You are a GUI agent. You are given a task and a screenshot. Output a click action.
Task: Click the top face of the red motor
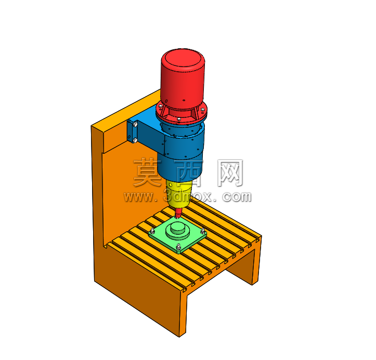pyautogui.click(x=183, y=60)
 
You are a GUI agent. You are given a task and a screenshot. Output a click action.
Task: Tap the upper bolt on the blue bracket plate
pyautogui.click(x=135, y=124)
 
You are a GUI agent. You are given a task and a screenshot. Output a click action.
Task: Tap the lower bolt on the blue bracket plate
pyautogui.click(x=135, y=140)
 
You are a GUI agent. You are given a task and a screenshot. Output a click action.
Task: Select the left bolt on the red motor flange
pyautogui.click(x=161, y=105)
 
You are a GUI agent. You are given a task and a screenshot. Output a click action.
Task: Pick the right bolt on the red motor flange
pyautogui.click(x=203, y=110)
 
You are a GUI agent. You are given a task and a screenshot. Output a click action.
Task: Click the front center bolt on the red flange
pyautogui.click(x=179, y=119)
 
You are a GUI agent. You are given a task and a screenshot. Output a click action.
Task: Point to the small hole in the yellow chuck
pyautogui.click(x=171, y=185)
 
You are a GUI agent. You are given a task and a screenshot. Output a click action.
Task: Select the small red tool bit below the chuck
pyautogui.click(x=178, y=213)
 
